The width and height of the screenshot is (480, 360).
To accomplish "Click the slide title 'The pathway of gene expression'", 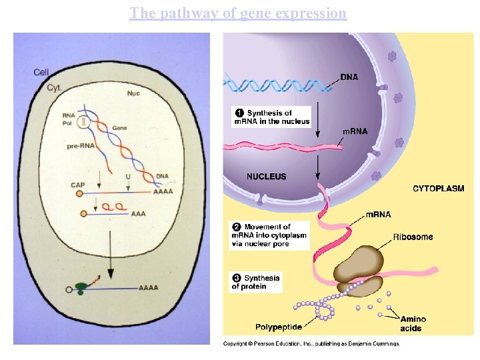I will (x=238, y=13).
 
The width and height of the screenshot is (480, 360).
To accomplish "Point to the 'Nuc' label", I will (x=133, y=93).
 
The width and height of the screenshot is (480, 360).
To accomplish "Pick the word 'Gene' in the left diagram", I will (x=119, y=127).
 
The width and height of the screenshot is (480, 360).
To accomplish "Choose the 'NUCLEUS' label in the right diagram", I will (x=266, y=177).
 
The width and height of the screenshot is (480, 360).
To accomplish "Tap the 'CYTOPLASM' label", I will (x=438, y=189).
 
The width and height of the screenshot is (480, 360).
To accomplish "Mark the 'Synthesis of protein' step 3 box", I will (x=255, y=282).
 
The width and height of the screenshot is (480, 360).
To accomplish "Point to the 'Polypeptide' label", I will (x=279, y=327).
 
